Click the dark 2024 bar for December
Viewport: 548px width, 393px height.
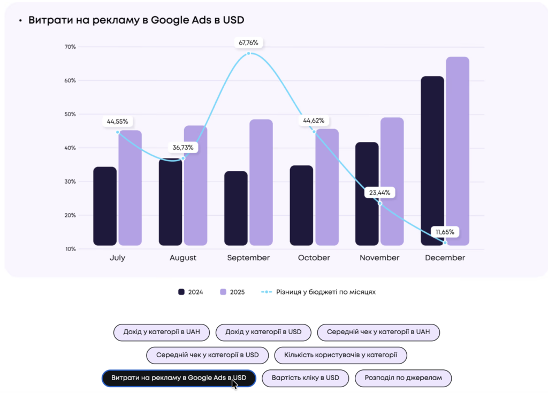click(x=432, y=161)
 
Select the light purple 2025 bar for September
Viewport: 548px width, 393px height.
click(x=261, y=182)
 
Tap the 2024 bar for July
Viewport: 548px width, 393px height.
click(x=105, y=206)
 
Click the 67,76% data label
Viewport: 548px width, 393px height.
click(x=249, y=43)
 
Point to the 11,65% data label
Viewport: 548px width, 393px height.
click(x=445, y=232)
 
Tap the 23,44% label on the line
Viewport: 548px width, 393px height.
click(x=379, y=192)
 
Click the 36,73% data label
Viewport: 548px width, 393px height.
click(x=183, y=147)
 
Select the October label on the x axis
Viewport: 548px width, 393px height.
click(x=314, y=258)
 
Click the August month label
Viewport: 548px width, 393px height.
click(x=183, y=258)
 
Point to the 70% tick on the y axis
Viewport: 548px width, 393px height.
click(x=70, y=47)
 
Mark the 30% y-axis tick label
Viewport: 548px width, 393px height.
click(x=70, y=182)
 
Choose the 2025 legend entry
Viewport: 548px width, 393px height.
click(x=232, y=292)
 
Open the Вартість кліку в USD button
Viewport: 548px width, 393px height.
click(x=306, y=378)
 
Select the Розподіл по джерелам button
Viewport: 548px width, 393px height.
click(x=403, y=378)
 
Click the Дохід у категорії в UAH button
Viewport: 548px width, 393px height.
click(x=162, y=332)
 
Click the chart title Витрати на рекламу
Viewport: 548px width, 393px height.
click(x=136, y=20)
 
